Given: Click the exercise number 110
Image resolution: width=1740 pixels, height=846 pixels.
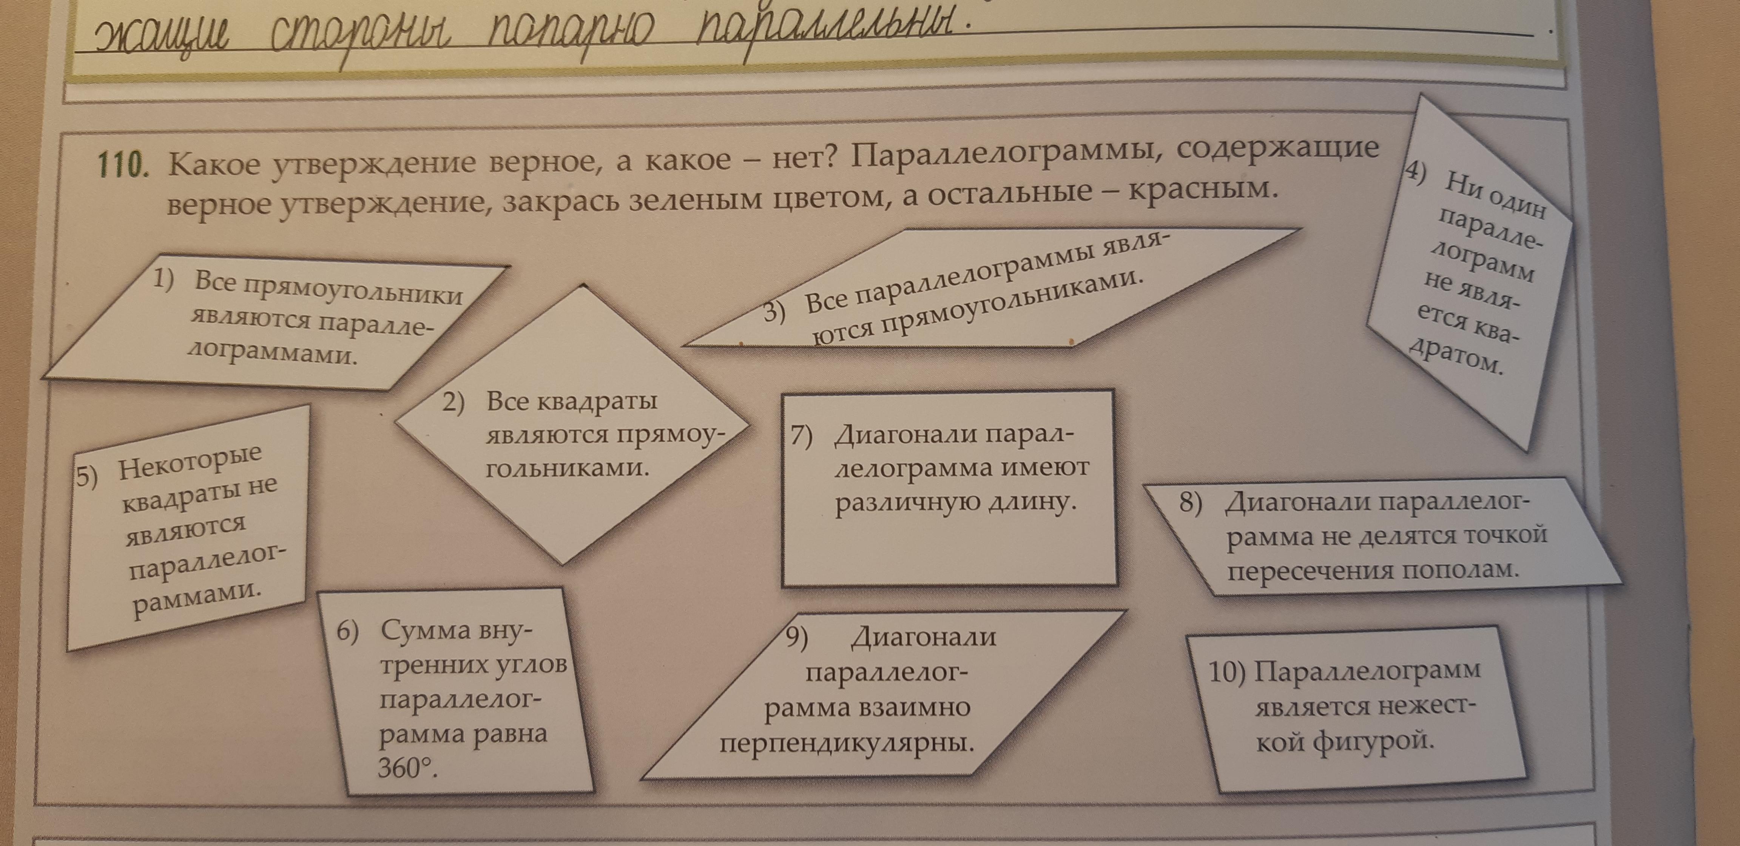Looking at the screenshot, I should click(x=122, y=164).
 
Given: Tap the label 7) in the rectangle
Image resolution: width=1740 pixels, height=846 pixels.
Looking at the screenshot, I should click(x=802, y=437).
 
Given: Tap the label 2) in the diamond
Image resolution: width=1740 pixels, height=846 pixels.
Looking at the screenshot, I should click(x=453, y=403).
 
